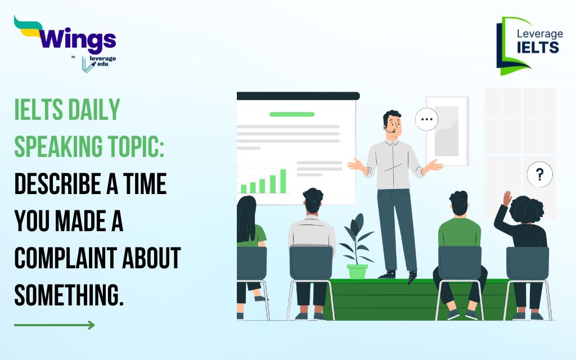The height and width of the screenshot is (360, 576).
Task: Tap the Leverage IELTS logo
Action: pos(529,46)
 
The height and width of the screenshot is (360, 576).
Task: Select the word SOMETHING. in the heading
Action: pos(69,295)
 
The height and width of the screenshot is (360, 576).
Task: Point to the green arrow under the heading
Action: pos(55,325)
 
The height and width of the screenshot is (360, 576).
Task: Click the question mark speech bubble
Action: pos(539,174)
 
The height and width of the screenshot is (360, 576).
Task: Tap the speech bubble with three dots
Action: pos(426,119)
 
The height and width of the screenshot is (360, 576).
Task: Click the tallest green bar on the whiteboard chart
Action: pos(283,181)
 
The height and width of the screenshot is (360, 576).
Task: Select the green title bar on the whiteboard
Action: pos(292,114)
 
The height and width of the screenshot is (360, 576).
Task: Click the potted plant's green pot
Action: pos(357,272)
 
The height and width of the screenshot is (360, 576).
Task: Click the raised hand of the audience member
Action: pos(507,199)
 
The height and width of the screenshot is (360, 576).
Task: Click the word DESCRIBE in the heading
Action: pos(58,183)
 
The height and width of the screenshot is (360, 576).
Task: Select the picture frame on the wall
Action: pos(447,131)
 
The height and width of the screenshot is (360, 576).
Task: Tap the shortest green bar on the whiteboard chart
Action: pos(244,189)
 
